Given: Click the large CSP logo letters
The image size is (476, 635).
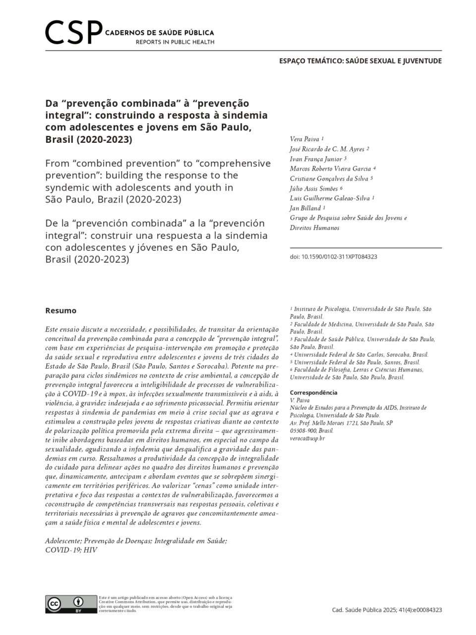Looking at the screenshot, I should click(73, 32).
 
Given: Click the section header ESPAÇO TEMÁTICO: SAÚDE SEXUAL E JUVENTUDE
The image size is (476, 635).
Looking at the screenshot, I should click(360, 61).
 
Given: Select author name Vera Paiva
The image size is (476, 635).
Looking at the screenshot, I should click(304, 139).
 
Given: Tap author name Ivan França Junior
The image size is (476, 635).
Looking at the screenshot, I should click(316, 159).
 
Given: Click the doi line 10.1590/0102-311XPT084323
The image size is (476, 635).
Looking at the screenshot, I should click(333, 257).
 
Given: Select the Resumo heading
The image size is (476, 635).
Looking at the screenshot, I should click(60, 311).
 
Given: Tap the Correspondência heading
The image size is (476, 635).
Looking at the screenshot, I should click(313, 392).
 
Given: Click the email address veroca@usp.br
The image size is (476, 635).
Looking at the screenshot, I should click(307, 438).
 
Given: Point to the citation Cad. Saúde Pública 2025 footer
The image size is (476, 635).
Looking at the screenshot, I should click(387, 610).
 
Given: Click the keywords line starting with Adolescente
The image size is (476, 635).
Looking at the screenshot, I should click(136, 541).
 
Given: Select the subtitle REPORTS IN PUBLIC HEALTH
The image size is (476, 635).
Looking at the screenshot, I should click(175, 42).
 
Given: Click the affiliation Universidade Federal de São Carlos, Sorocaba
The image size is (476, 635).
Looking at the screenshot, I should click(361, 355).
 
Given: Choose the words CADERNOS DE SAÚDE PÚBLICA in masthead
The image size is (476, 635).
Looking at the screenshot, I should click(160, 32).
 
